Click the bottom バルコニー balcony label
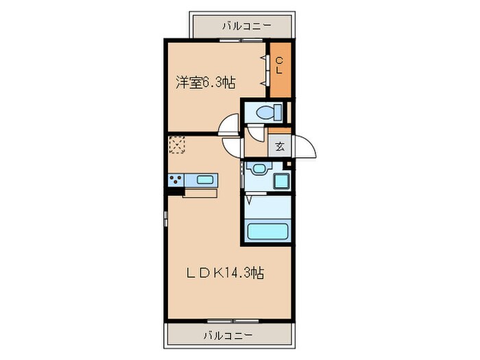[x=228, y=335]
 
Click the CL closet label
[x=279, y=67]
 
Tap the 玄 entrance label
[x=280, y=145]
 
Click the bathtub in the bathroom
[x=265, y=231]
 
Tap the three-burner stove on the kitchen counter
[x=176, y=180]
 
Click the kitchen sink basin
[x=205, y=180]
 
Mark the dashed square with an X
[x=177, y=145]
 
